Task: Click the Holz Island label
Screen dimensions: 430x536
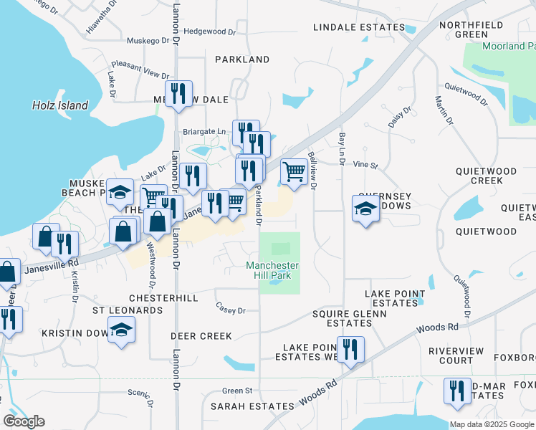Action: tap(60, 105)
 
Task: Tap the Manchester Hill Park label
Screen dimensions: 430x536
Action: tap(272, 270)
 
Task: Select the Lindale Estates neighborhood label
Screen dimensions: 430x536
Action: tap(359, 27)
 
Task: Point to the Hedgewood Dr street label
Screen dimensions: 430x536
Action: tap(209, 32)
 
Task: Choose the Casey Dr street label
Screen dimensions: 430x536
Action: tap(231, 310)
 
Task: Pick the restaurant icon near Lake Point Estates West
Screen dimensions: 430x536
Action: tap(350, 350)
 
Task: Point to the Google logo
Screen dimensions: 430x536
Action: tap(24, 421)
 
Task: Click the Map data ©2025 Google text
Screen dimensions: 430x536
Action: tap(492, 424)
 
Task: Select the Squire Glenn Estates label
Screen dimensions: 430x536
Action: tap(349, 318)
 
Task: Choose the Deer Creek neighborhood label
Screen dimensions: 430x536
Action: tap(201, 335)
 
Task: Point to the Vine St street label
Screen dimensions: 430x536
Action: tap(365, 165)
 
